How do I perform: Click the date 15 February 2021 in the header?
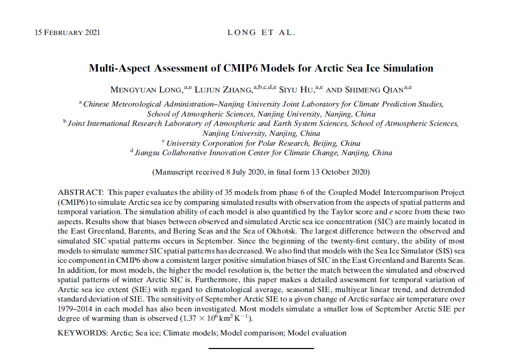pyautogui.click(x=67, y=32)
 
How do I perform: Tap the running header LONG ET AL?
pyautogui.click(x=261, y=32)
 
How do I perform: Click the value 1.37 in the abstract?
pyautogui.click(x=190, y=318)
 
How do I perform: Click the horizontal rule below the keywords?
pyautogui.click(x=261, y=348)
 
